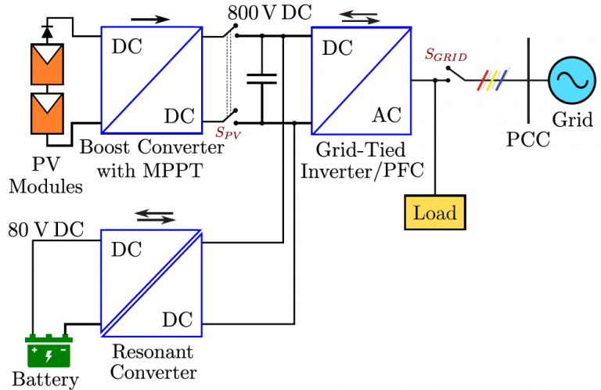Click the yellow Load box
pos(434,212)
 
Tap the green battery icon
pos(49,352)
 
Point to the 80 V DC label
pos(45,230)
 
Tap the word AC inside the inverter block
pos(386,115)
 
